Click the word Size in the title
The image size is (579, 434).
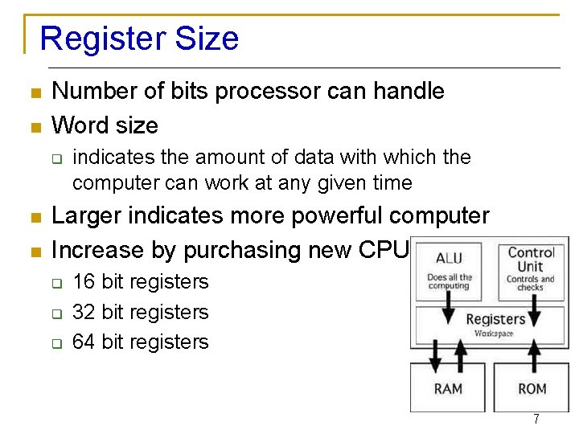[x=211, y=39]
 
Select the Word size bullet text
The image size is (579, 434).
[x=105, y=125]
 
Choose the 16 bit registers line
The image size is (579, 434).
[x=140, y=282]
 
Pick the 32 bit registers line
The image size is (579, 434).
[x=140, y=312]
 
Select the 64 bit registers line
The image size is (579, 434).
[x=140, y=342]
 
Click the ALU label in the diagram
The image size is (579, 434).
[x=449, y=258]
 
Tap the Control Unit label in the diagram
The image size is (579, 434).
[x=531, y=260]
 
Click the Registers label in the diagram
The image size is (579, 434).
[x=495, y=319]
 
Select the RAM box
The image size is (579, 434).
[x=448, y=388]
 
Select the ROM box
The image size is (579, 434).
[x=532, y=388]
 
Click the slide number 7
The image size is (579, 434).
[x=536, y=420]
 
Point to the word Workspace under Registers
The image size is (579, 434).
[x=494, y=334]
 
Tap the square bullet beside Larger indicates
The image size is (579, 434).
[x=35, y=217]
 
